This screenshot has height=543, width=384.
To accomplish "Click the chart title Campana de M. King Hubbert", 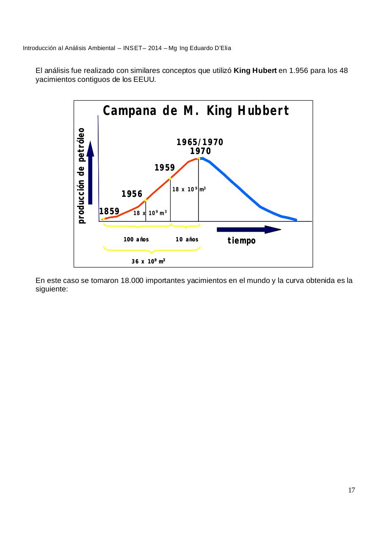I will [196, 111].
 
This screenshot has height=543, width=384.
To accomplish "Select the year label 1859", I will [109, 211].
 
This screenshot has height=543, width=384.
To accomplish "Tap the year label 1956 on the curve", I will [132, 194].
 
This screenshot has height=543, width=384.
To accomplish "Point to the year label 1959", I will [165, 168].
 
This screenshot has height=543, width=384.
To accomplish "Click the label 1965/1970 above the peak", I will [200, 142].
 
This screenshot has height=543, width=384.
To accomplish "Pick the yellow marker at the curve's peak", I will [199, 158].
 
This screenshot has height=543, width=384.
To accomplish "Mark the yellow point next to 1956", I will [146, 200].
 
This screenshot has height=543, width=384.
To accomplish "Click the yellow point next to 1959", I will [170, 178].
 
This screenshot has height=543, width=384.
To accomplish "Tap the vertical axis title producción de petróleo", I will [82, 176].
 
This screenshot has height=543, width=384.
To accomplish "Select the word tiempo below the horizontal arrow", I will [241, 241].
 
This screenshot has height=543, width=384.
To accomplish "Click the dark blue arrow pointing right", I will [249, 230].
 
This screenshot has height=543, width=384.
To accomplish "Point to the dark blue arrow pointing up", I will [90, 174].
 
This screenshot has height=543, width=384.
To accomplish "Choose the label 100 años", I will [136, 239].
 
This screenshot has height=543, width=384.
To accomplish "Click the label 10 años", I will [187, 239].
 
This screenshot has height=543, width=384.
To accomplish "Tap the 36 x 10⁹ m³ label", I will [148, 261].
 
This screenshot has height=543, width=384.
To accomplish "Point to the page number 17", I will [351, 490].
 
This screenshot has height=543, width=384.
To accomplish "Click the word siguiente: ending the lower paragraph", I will [52, 289].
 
